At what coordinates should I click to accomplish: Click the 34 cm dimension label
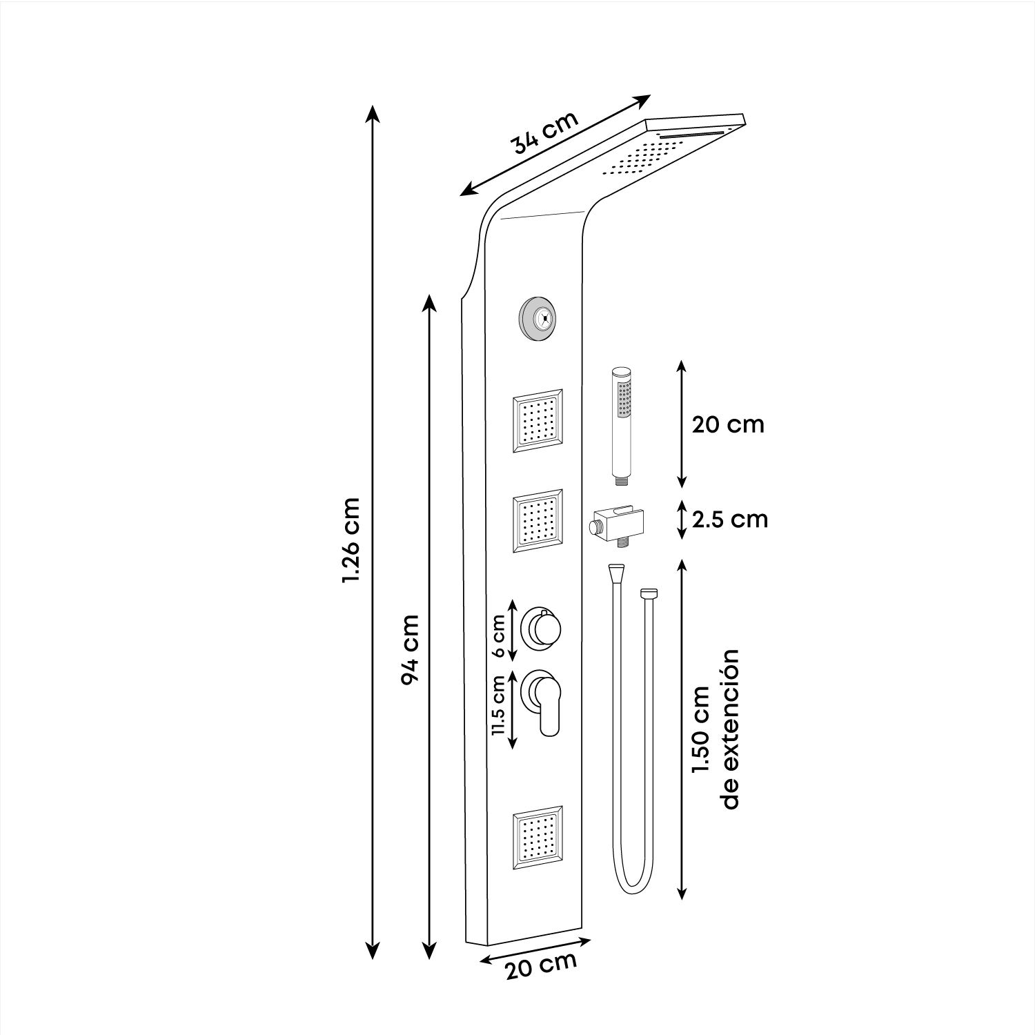[544, 132]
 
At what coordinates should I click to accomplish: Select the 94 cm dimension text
[410, 649]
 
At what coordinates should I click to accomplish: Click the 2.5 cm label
[730, 519]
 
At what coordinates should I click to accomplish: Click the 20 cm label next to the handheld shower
[728, 424]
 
